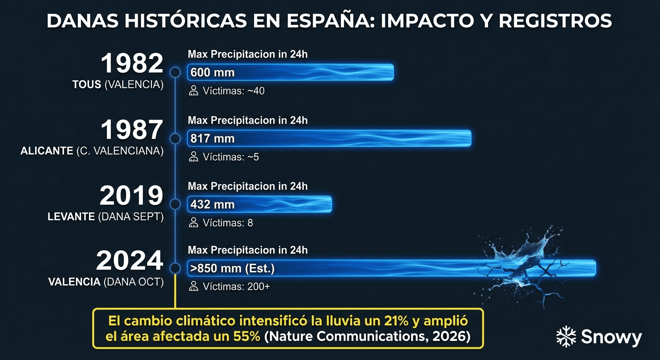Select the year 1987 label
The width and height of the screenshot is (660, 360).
click(132, 130)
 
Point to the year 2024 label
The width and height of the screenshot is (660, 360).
click(130, 261)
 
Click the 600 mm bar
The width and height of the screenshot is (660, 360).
click(290, 73)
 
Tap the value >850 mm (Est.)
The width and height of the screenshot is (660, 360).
click(232, 269)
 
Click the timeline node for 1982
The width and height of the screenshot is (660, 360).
click(175, 73)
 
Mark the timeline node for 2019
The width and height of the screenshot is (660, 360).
click(175, 204)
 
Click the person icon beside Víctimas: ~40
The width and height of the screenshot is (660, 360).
click(194, 91)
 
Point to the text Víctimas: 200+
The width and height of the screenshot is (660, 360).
click(236, 287)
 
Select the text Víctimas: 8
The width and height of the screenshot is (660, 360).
click(228, 223)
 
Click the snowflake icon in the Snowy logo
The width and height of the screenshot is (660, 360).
click(566, 337)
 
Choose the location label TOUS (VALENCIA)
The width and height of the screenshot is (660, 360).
click(118, 85)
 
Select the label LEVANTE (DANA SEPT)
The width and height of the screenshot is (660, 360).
click(105, 217)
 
